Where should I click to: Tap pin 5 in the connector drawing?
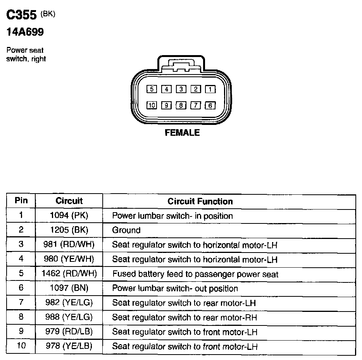point(152,89)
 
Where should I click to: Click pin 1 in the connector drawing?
point(210,89)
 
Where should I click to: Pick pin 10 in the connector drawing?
point(152,105)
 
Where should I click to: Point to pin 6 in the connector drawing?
point(210,105)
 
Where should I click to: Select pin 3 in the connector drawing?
point(181,89)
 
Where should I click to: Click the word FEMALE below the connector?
point(182,133)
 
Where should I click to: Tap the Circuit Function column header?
point(200,201)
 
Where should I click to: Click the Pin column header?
point(21,201)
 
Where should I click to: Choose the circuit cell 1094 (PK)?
point(69,216)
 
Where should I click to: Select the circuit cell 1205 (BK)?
point(69,230)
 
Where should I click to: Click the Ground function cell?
point(126,230)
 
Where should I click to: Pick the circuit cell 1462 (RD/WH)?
point(69,274)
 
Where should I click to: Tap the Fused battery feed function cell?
point(195,274)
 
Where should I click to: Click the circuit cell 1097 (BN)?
point(69,288)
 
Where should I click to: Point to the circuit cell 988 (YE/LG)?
point(69,317)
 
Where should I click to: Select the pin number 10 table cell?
point(21,346)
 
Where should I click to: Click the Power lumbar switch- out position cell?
point(175,288)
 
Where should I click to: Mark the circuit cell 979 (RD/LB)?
point(69,332)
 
